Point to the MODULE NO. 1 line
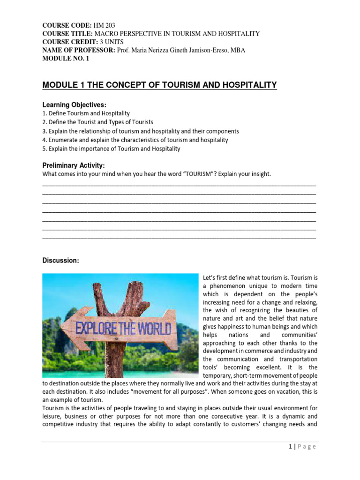pos(66,59)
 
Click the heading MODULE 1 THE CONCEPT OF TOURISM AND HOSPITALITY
pos(159,85)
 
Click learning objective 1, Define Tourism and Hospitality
pos(86,113)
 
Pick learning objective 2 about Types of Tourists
pos(98,122)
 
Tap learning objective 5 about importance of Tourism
pos(111,149)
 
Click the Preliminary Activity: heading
pos(74,165)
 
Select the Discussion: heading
pos(60,261)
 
